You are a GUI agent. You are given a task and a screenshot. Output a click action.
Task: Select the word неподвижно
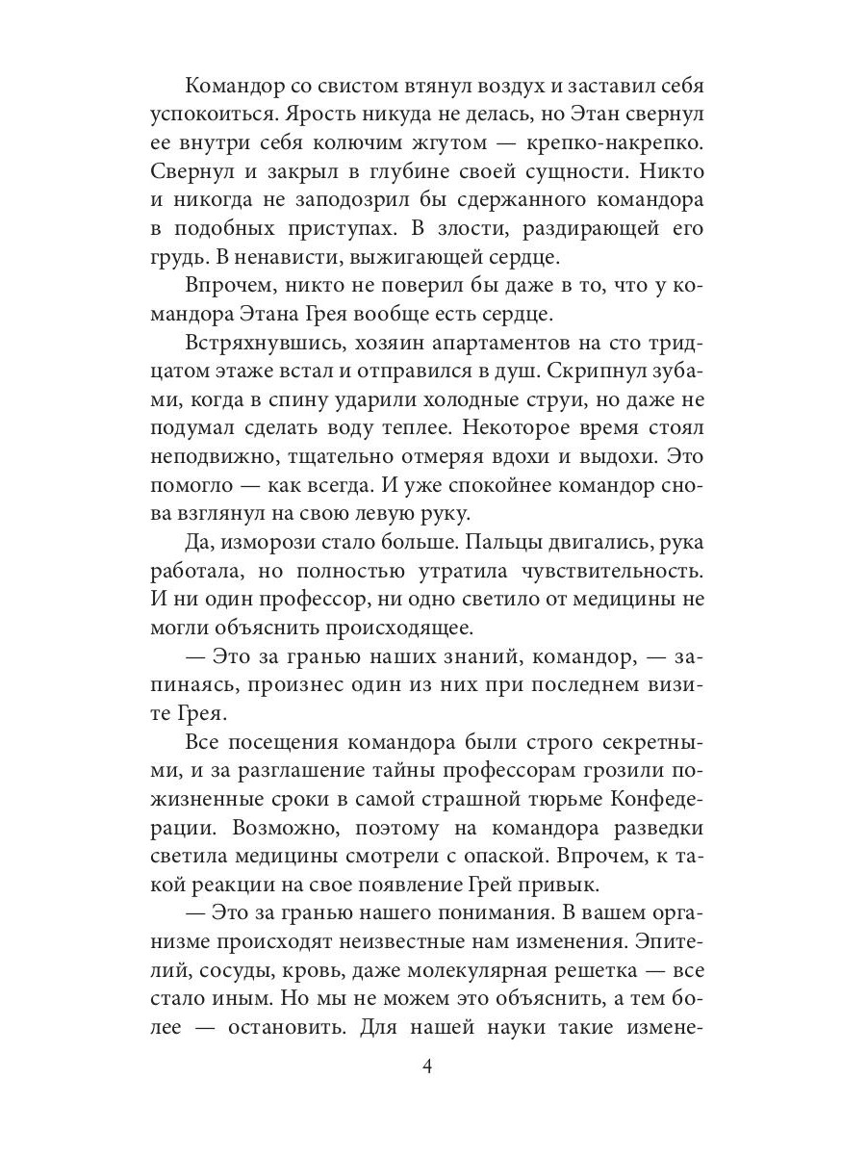click(x=217, y=457)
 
